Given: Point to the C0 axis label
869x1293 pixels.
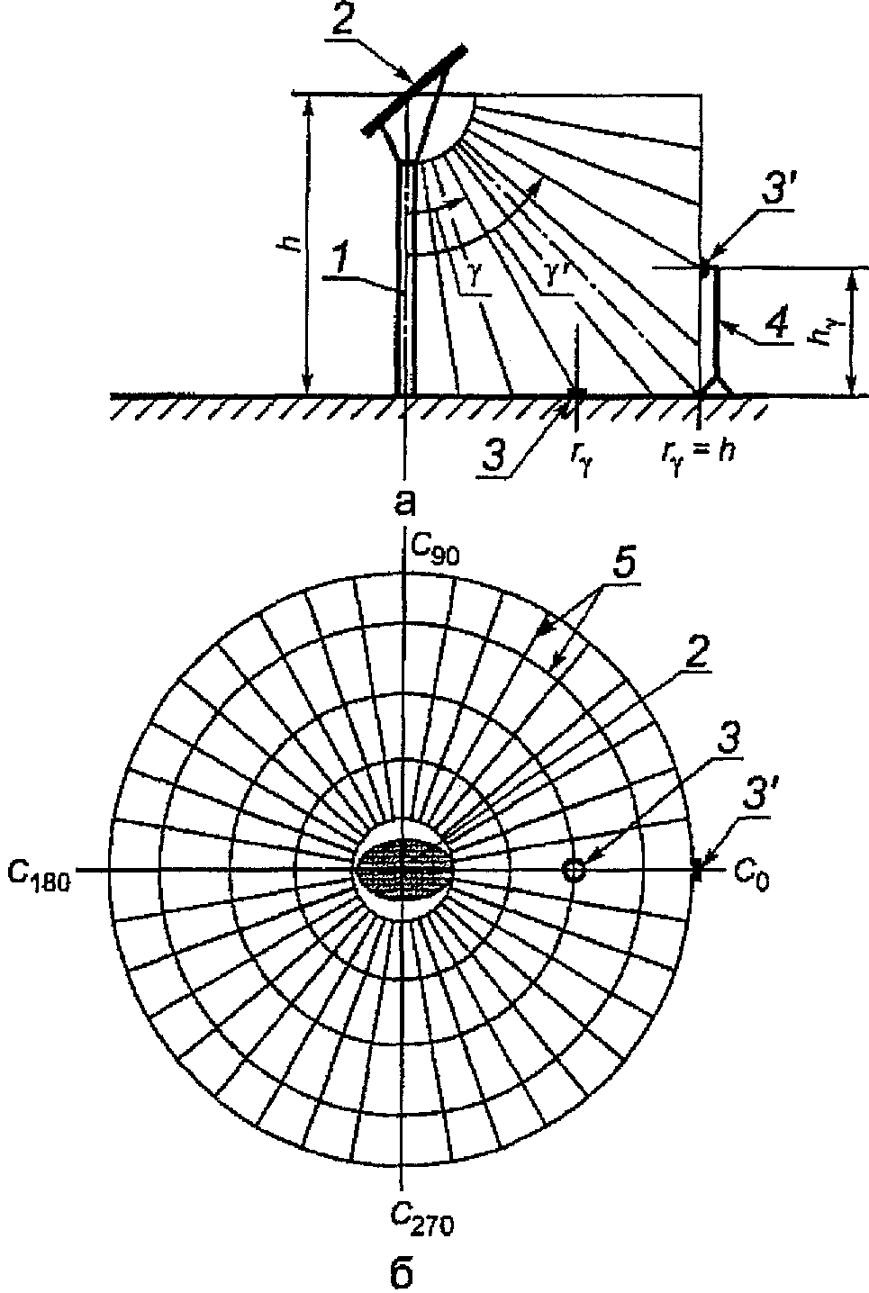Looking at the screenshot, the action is (x=752, y=877).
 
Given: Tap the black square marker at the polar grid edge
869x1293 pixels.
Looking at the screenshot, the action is (x=698, y=869).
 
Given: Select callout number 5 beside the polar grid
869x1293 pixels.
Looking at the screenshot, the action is (x=622, y=568).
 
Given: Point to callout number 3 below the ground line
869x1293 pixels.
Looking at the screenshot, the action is (x=494, y=455).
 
